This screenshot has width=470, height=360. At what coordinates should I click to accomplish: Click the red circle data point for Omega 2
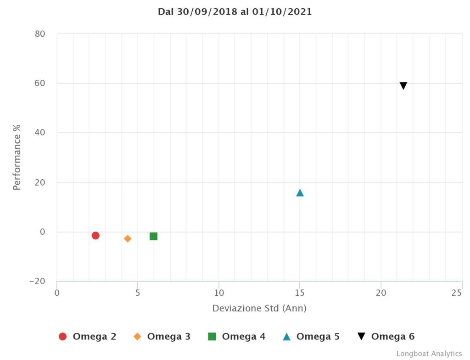95,235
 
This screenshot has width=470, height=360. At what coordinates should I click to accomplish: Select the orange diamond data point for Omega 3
128,238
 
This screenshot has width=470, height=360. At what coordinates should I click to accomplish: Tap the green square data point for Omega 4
153,236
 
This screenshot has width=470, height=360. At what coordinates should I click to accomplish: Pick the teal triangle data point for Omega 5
300,193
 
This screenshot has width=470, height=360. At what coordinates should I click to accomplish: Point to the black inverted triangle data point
403,86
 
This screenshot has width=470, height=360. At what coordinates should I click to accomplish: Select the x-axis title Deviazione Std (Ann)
259,309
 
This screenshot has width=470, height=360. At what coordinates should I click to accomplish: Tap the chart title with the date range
235,12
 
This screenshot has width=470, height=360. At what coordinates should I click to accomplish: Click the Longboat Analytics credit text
429,354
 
